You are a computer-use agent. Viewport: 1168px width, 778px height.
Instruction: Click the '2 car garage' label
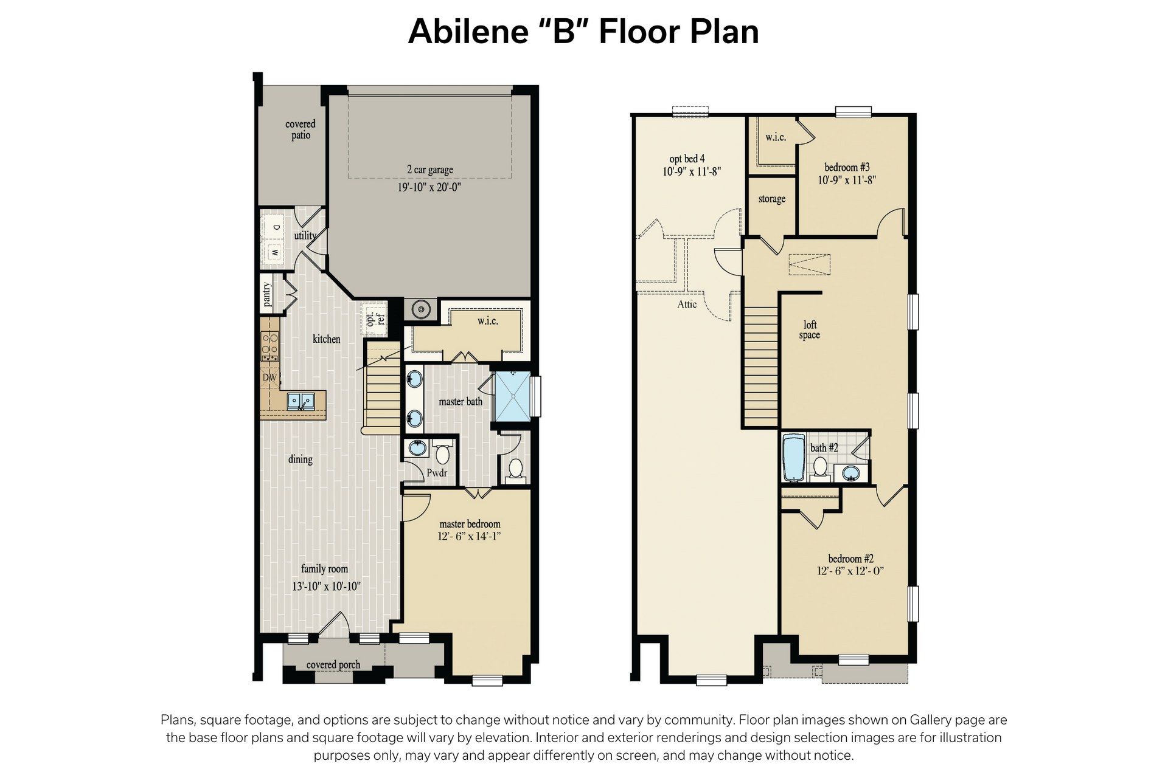pyautogui.click(x=430, y=170)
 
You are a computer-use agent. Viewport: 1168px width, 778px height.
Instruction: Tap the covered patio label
pyautogui.click(x=301, y=129)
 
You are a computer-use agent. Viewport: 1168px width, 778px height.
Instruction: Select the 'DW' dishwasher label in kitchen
pyautogui.click(x=269, y=377)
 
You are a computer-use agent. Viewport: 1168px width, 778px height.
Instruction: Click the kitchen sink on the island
pyautogui.click(x=301, y=401)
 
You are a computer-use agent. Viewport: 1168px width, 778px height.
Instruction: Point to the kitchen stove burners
pyautogui.click(x=270, y=347)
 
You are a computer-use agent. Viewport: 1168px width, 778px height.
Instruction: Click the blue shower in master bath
pyautogui.click(x=513, y=396)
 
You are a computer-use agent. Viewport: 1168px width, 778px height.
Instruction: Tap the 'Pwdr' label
pyautogui.click(x=437, y=473)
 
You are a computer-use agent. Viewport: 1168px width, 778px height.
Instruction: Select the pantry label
pyautogui.click(x=266, y=295)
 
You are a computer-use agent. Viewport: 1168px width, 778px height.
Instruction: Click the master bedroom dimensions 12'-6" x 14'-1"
pyautogui.click(x=469, y=536)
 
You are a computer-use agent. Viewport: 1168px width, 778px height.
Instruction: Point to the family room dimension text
pyautogui.click(x=326, y=587)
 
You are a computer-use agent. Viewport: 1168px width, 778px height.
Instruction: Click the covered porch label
pyautogui.click(x=333, y=665)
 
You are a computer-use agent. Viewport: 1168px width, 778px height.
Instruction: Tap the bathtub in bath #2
pyautogui.click(x=793, y=457)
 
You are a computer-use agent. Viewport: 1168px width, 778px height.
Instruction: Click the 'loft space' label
pyautogui.click(x=810, y=330)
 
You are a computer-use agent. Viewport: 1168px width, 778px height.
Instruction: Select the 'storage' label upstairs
pyautogui.click(x=772, y=199)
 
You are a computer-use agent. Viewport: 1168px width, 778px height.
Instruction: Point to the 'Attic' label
pyautogui.click(x=687, y=304)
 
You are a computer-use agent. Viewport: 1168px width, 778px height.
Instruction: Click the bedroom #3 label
pyautogui.click(x=847, y=167)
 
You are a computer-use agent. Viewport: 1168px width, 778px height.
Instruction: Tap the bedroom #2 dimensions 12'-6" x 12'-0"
pyautogui.click(x=850, y=571)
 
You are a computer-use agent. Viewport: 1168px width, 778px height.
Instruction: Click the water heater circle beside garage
pyautogui.click(x=421, y=309)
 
